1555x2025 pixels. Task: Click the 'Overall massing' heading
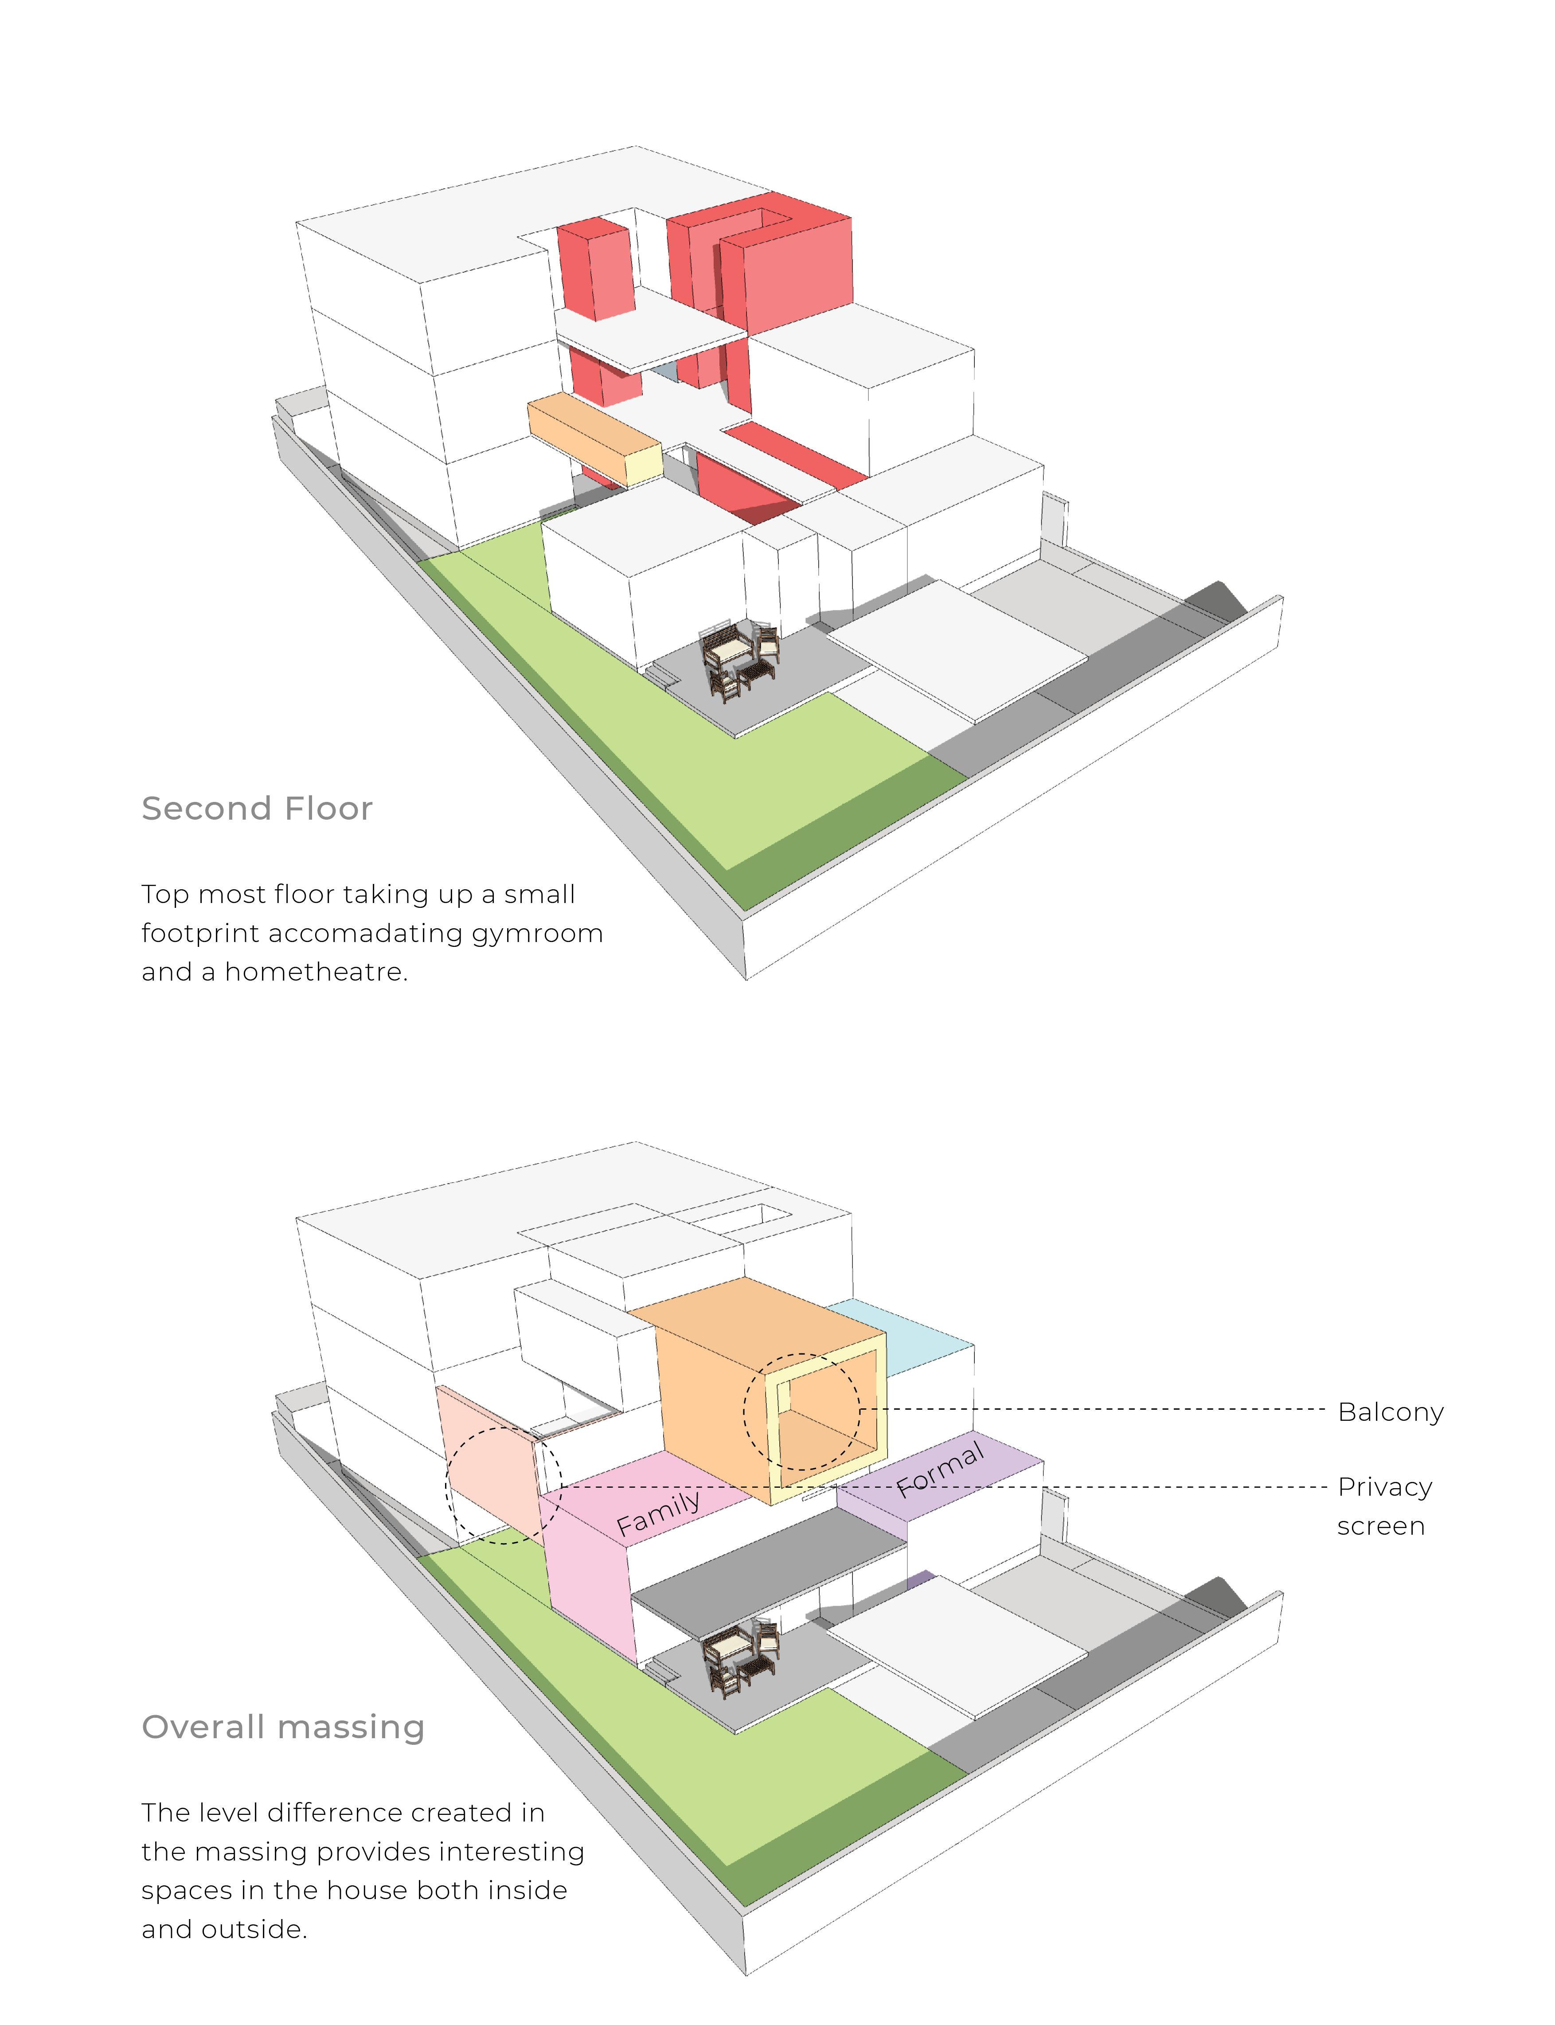[282, 1727]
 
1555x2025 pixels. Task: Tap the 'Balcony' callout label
[1390, 1412]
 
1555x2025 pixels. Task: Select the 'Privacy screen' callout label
[1384, 1506]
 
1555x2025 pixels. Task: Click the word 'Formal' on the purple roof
[939, 1469]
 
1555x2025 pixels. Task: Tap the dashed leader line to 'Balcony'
[1092, 1410]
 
